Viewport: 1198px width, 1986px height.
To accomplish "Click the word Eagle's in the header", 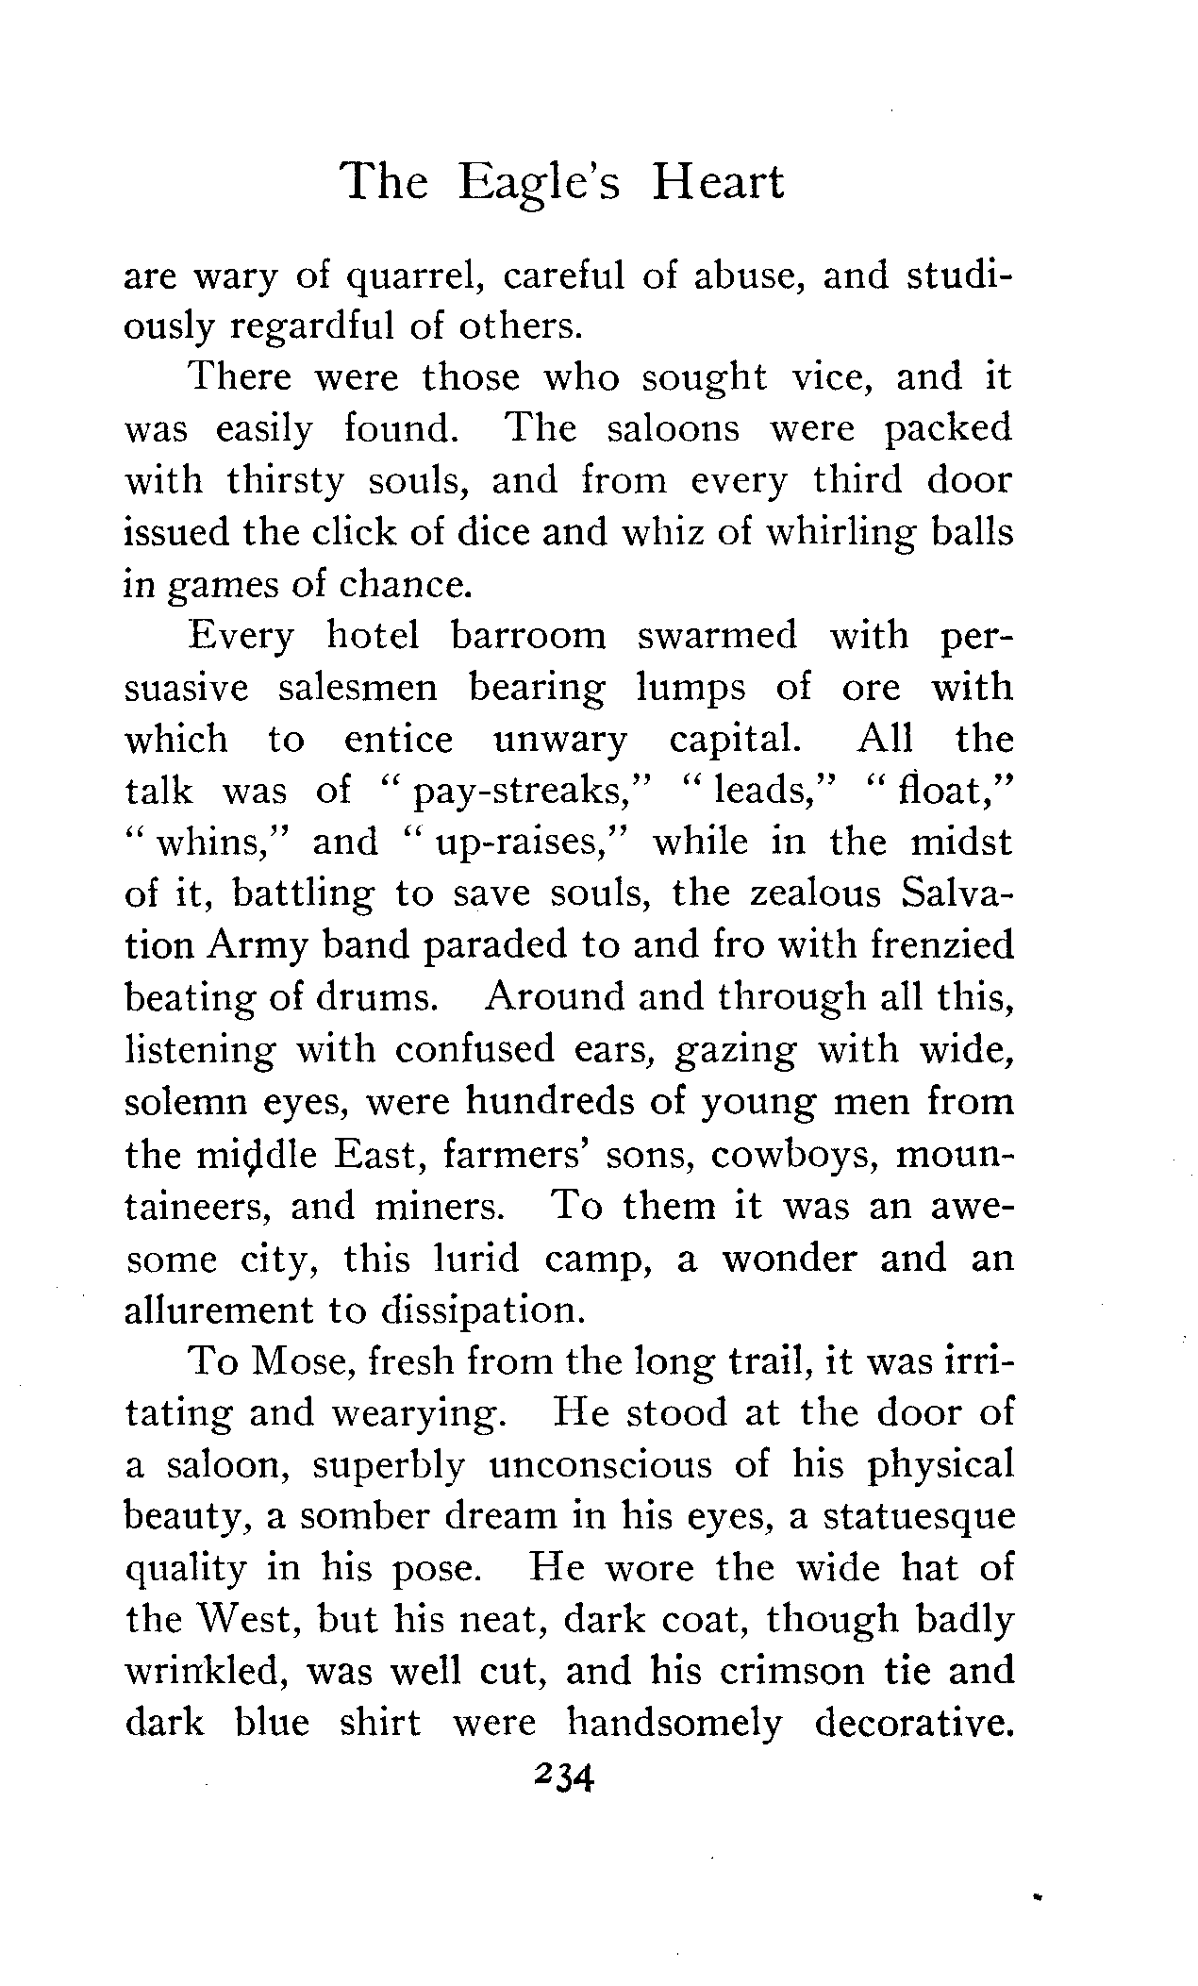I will click(539, 183).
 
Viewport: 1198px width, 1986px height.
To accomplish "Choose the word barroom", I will click(528, 637).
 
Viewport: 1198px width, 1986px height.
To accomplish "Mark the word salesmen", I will click(358, 689).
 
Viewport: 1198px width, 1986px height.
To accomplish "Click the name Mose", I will click(298, 1362).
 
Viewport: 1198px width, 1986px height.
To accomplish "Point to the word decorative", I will click(912, 1724).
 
